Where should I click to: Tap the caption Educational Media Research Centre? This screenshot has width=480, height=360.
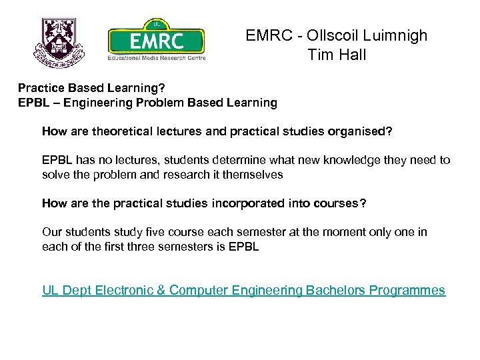pos(157,57)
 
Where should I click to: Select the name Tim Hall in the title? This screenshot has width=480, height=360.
pos(337,55)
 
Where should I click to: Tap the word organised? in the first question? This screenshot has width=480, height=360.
pos(362,131)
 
